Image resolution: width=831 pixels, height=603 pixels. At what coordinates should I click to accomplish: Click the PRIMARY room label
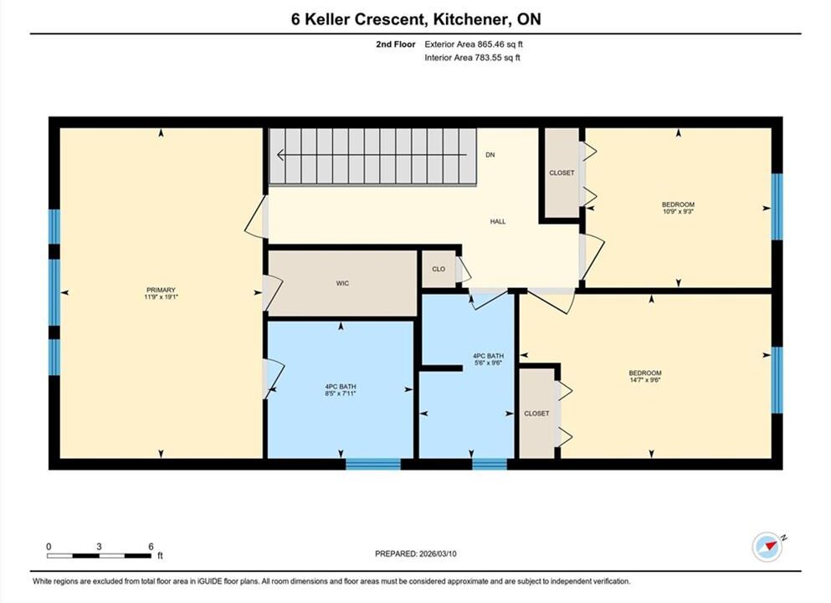[161, 290]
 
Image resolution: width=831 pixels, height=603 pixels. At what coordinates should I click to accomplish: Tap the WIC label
[342, 283]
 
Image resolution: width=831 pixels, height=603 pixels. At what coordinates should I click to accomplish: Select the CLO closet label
[439, 269]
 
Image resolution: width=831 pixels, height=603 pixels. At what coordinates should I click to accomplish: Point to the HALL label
[498, 222]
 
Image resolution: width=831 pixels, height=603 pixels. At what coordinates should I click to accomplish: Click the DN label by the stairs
[490, 155]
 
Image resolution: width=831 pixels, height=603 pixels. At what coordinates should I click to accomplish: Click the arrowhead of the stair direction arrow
[281, 155]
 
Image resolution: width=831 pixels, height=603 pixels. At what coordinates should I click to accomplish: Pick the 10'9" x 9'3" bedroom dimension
[678, 211]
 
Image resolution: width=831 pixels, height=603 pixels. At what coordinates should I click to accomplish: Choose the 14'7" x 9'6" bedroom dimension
[645, 379]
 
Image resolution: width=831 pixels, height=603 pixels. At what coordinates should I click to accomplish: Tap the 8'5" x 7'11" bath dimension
[341, 394]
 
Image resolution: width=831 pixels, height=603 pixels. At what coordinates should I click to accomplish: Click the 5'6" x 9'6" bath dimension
[488, 363]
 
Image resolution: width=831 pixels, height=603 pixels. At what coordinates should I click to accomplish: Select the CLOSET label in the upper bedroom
[562, 173]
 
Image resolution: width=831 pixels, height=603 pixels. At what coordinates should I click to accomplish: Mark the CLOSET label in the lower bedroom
[536, 413]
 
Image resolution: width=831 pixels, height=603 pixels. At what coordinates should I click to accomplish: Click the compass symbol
[767, 547]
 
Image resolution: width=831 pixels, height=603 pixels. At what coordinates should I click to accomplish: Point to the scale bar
[99, 556]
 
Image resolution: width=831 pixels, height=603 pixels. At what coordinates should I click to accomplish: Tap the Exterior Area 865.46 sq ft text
[474, 44]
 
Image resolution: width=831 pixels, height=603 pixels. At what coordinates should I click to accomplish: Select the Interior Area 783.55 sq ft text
[472, 58]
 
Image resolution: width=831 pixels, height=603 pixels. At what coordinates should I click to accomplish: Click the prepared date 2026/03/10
[437, 554]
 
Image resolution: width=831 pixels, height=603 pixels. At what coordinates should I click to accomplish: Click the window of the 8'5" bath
[373, 464]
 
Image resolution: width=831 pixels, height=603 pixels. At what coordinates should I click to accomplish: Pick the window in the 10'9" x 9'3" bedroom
[777, 206]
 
